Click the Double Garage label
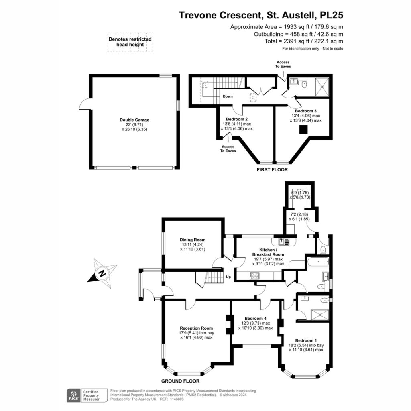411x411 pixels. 134,120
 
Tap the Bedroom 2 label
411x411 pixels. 237,119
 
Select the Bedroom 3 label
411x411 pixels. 305,111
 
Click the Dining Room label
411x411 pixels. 193,240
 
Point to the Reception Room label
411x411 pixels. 196,328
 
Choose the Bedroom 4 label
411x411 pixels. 256,318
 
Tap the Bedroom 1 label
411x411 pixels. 306,340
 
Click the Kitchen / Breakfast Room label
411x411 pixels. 268,252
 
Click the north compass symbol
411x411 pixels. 102,273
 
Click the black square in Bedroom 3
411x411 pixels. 303,130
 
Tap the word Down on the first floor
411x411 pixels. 228,96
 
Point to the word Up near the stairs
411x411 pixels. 228,277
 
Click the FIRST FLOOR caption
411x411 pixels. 273,170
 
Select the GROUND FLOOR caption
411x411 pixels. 180,381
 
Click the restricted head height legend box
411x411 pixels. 130,42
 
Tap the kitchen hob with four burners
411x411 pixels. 255,275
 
